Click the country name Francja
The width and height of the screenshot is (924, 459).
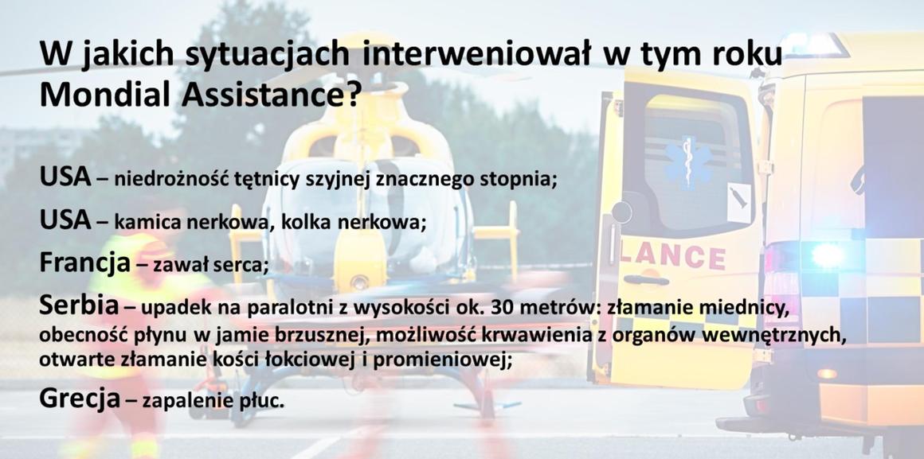coord(84,263)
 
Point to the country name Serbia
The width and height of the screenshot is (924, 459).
coord(79,305)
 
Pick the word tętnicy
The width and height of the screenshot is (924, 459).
coord(271,180)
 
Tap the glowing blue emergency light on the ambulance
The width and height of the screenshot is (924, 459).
coord(828,255)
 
